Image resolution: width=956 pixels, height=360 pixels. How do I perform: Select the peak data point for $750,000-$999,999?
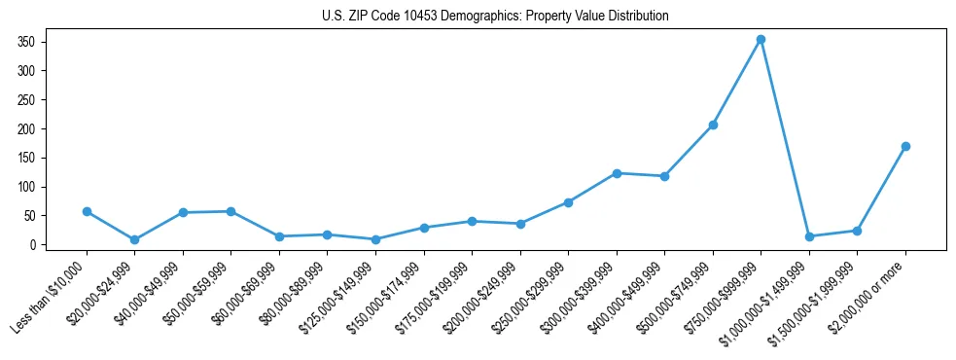761,40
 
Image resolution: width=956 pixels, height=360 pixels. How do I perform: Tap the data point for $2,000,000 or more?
905,146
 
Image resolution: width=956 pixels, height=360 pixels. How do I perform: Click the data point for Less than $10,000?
87,211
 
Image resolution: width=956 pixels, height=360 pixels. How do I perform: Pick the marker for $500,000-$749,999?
713,125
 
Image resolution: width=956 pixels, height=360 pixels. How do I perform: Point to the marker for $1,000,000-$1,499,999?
809,236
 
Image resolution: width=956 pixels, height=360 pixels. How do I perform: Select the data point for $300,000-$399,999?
617,173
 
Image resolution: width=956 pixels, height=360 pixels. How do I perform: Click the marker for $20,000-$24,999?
134,239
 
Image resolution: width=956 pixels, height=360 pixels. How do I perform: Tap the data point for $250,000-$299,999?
568,202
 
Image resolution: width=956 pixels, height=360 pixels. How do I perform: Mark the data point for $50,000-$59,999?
230,211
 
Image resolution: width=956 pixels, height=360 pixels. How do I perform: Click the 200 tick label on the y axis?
26,128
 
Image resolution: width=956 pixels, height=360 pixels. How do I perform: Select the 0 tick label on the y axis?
32,245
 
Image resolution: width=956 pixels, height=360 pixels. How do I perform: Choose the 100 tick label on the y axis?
26,187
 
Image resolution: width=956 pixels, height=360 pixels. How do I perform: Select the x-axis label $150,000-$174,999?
385,296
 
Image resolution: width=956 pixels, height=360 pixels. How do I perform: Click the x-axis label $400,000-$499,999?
626,296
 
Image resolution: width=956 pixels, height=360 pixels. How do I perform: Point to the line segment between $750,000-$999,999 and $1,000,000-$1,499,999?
785,138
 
